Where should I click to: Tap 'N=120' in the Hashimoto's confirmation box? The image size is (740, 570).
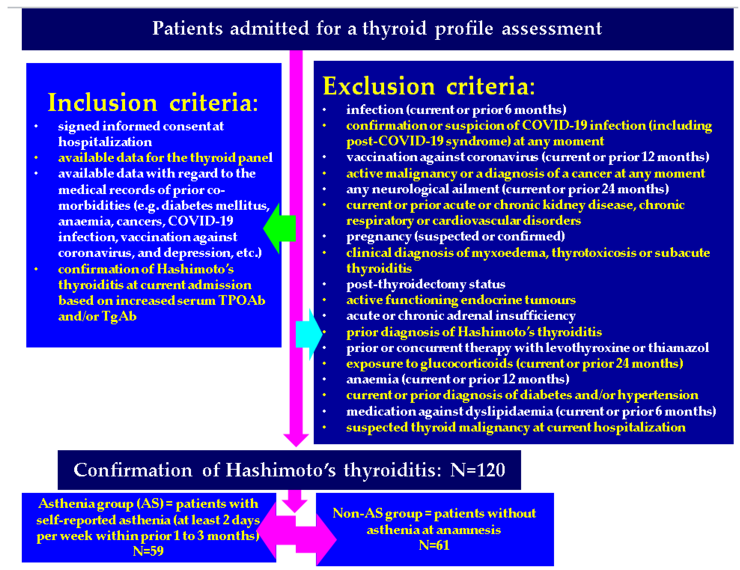click(477, 470)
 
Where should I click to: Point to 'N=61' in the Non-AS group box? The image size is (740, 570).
click(434, 545)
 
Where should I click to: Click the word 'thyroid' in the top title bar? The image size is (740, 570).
click(394, 28)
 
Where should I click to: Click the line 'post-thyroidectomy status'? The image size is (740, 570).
click(425, 284)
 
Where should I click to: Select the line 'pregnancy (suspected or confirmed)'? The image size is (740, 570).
click(455, 236)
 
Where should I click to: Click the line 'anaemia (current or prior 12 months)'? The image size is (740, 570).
click(457, 379)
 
